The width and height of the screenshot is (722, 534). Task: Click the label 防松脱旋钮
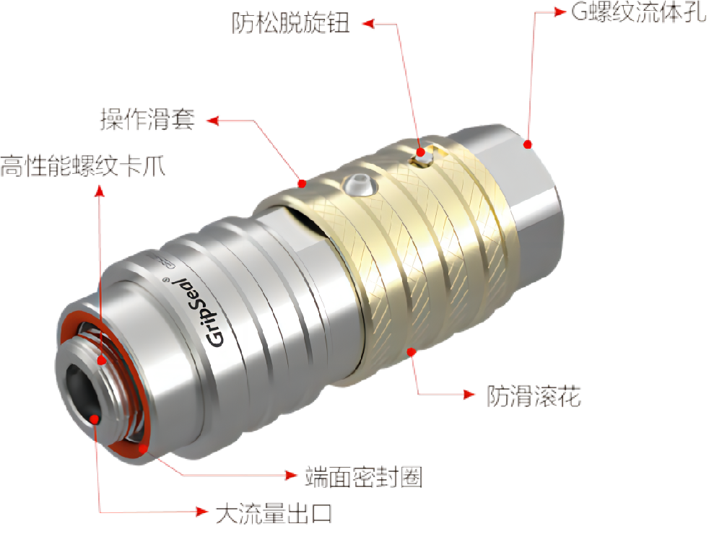click(290, 23)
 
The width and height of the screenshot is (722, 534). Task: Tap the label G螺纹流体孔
click(639, 12)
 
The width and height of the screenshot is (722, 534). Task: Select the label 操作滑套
click(148, 119)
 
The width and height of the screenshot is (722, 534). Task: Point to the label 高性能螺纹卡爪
click(83, 166)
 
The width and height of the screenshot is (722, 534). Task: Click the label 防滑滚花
click(534, 396)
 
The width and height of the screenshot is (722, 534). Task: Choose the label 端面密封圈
click(364, 476)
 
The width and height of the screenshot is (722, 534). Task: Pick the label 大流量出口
click(274, 513)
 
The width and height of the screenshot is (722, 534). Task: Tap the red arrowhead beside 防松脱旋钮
click(368, 24)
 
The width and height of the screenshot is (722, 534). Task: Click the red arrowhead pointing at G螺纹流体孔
click(560, 12)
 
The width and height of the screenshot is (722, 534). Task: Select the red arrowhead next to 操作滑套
click(212, 121)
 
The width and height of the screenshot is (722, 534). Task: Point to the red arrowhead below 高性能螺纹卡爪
click(100, 191)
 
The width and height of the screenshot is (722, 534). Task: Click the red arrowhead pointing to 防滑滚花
click(469, 394)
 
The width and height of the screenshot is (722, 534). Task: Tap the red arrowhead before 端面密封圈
click(291, 475)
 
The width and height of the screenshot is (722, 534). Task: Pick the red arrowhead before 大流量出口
click(202, 511)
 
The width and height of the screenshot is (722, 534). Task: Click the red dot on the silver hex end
click(528, 144)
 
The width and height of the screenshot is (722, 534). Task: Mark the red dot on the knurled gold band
click(412, 352)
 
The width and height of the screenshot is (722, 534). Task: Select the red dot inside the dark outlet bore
click(95, 419)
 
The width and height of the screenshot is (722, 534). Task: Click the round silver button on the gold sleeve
click(360, 185)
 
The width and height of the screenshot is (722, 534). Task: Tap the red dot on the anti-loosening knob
click(420, 152)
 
